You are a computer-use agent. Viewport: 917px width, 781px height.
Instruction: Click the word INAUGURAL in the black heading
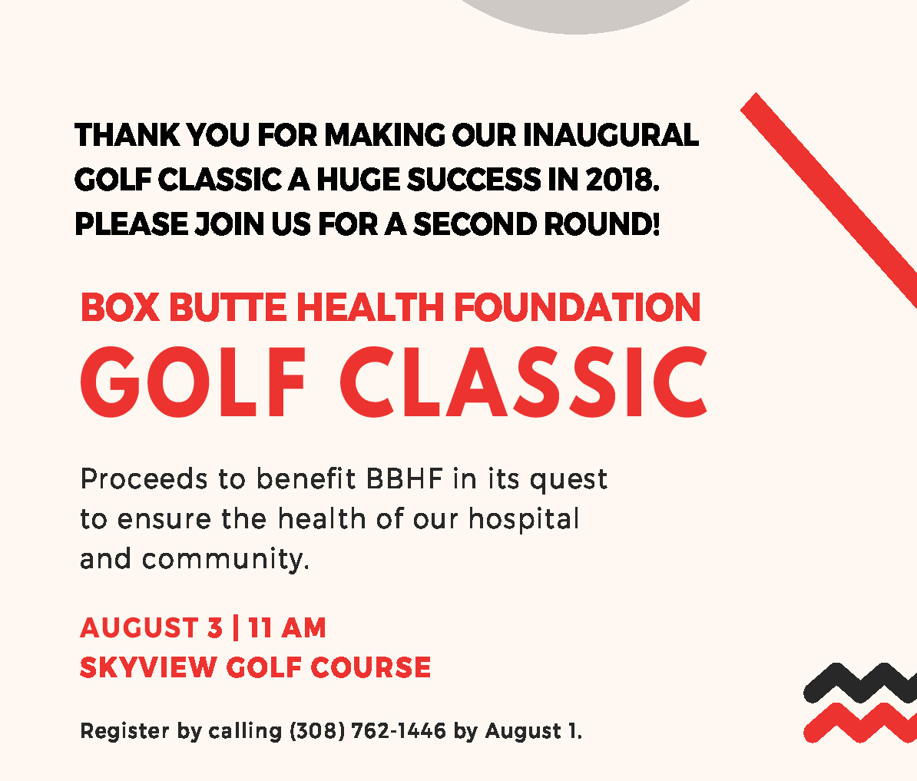tap(611, 135)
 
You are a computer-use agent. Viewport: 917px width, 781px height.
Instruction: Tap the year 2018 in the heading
tap(622, 180)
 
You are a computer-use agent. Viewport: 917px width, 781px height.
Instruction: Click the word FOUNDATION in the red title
tap(578, 307)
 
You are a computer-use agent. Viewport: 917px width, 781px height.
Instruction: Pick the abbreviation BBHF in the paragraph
tap(404, 478)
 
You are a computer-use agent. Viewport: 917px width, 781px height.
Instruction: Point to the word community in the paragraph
tap(225, 559)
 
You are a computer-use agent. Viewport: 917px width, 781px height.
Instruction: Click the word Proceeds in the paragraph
tap(144, 478)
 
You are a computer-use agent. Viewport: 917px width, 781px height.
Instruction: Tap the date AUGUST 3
tap(151, 628)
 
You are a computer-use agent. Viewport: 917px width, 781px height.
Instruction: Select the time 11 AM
tap(286, 628)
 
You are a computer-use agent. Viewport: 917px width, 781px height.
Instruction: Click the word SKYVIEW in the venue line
tap(148, 667)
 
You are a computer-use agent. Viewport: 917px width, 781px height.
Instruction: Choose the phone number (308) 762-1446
tap(368, 731)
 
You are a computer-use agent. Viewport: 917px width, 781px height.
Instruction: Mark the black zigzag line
tap(860, 683)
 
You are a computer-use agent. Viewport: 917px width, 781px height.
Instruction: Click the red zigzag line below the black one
tap(860, 723)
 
